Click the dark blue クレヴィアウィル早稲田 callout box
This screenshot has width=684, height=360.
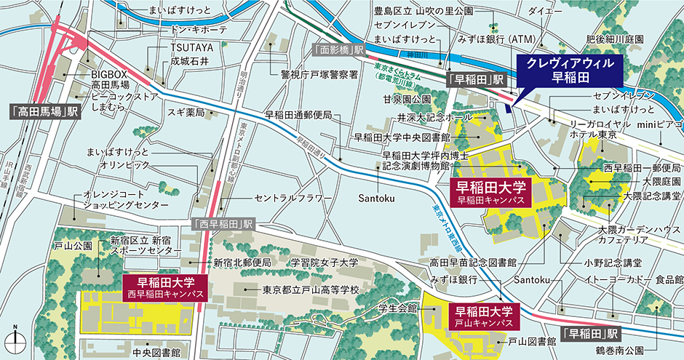click(570, 71)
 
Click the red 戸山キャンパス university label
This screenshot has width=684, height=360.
click(485, 315)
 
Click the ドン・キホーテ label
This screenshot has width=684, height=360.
click(197, 29)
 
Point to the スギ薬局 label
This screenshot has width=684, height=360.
click(188, 113)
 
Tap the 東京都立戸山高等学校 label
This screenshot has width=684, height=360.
click(311, 289)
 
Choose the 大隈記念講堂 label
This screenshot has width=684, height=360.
click(651, 196)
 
